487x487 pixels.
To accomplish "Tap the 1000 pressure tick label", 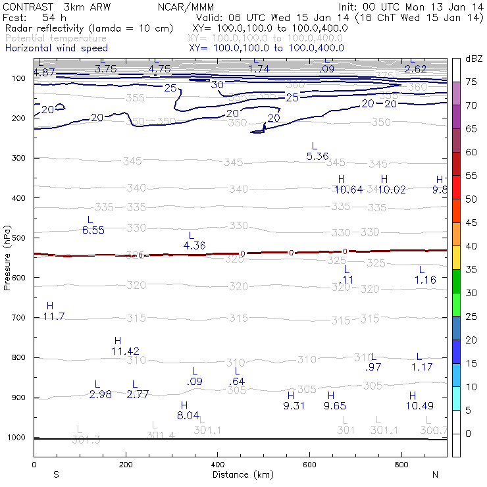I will [15, 438].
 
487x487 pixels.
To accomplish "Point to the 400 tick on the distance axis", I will [217, 465].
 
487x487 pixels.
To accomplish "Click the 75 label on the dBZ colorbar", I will [472, 82].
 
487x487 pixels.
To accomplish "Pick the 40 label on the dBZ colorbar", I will [472, 246].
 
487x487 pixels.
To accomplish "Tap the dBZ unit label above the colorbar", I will [473, 59].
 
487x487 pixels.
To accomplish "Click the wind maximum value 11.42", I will [125, 351].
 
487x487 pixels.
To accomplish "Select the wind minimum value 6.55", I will [93, 230].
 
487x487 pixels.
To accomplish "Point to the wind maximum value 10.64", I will [348, 190].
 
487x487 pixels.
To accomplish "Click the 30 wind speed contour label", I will [217, 85].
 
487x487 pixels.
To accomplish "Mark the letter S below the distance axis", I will [57, 474].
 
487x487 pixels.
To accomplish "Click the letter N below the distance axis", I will [435, 474].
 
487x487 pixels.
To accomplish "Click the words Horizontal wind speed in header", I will [56, 48].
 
